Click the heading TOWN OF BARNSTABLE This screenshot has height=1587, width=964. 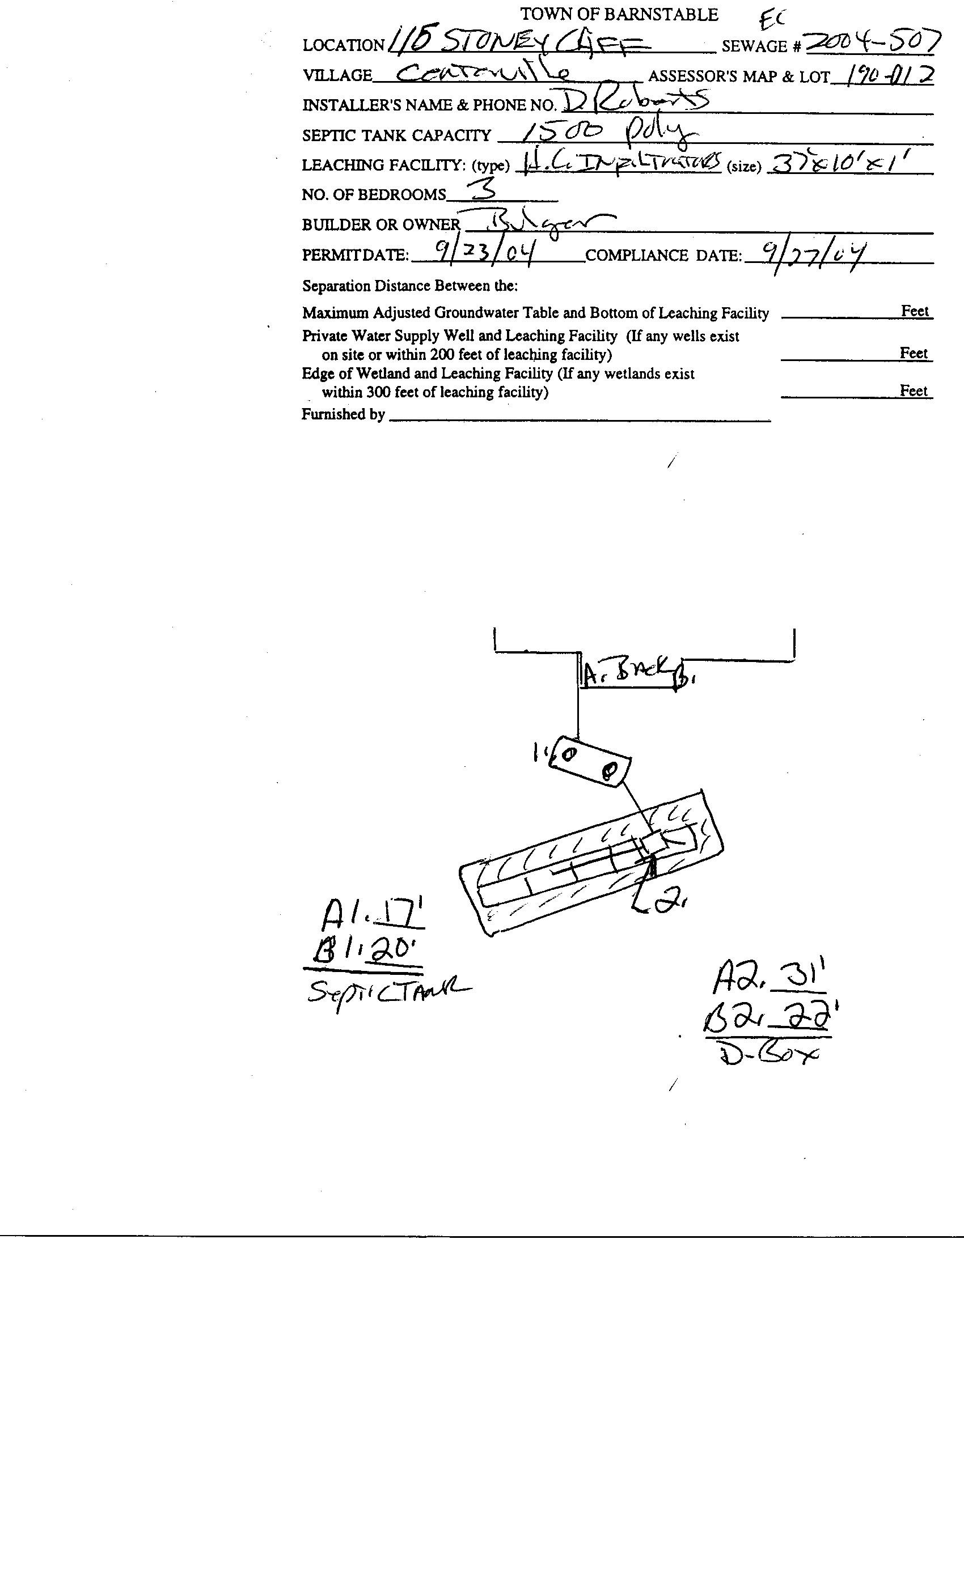coord(619,15)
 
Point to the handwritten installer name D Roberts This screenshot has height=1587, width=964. coord(635,100)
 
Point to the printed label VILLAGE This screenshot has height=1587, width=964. coord(337,75)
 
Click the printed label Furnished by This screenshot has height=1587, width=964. coord(343,414)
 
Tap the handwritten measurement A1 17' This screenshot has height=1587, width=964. coord(373,913)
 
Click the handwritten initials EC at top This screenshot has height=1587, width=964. coord(772,19)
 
